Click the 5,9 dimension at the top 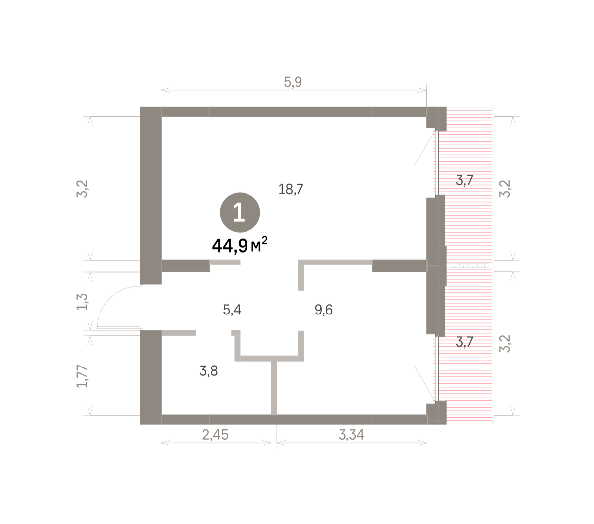293,82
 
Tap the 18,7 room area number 290,189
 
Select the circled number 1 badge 240,212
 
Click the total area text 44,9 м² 240,245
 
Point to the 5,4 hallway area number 232,310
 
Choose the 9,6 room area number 323,310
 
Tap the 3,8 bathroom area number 208,371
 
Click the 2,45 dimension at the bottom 215,435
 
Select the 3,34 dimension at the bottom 351,435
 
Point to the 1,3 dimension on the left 82,301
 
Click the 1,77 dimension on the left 82,376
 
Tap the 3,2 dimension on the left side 82,189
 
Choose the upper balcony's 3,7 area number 464,180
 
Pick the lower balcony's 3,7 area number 464,342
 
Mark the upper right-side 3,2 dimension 505,189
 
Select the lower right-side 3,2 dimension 505,344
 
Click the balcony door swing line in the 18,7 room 425,148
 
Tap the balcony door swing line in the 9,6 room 425,384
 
